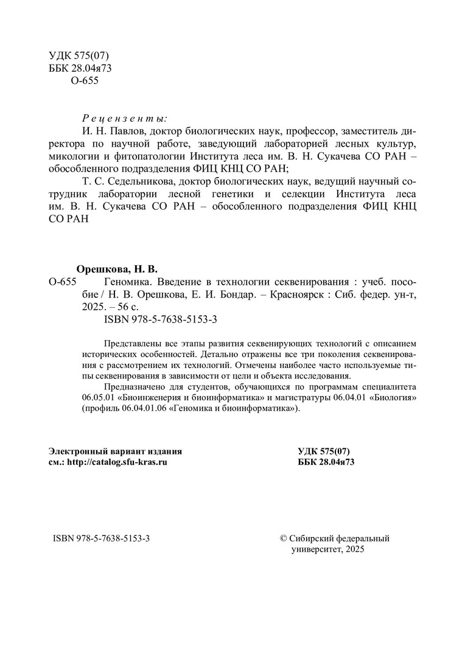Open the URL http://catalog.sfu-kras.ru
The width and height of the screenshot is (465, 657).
pos(117,462)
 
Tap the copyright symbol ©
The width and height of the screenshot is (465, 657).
pos(282,538)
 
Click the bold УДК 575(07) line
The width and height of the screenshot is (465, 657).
pos(324,451)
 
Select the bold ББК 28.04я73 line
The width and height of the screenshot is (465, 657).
pos(326,462)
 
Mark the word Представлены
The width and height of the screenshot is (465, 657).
pos(131,342)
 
